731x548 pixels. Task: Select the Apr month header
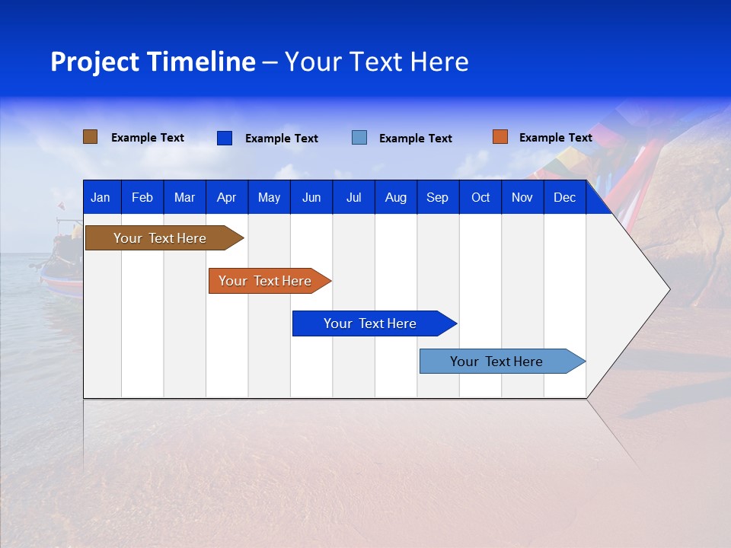point(227,197)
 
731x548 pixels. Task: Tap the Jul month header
point(354,197)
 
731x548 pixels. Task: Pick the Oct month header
point(480,197)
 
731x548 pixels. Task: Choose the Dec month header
point(564,197)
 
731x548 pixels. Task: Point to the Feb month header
point(142,197)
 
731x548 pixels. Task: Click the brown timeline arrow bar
point(164,238)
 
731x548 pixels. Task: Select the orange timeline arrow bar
point(270,281)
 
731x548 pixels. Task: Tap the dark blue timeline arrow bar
point(375,323)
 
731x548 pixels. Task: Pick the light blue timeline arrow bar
point(503,361)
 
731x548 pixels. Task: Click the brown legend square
point(90,137)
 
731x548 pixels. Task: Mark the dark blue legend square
point(225,138)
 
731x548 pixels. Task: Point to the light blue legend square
point(359,138)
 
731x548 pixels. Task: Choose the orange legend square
point(500,137)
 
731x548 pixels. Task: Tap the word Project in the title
point(94,62)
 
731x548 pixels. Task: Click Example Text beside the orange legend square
point(556,138)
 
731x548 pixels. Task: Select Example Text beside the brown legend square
point(147,138)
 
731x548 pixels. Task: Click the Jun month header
point(311,197)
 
